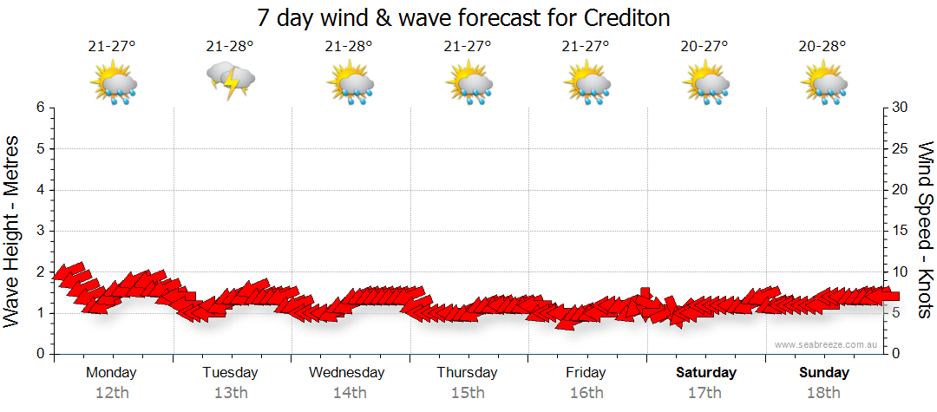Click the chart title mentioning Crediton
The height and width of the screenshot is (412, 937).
[464, 17]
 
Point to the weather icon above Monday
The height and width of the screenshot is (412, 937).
[113, 83]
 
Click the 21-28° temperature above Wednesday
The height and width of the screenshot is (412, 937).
[349, 46]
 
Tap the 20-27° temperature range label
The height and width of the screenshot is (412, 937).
[704, 46]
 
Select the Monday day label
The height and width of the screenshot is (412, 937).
[111, 373]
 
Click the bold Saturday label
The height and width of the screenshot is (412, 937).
[706, 373]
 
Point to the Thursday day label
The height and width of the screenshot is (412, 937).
[467, 373]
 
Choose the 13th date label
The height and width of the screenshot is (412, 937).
[230, 393]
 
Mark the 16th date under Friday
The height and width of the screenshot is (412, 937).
[586, 393]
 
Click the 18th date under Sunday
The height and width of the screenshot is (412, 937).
[823, 393]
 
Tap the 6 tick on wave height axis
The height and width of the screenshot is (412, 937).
[40, 108]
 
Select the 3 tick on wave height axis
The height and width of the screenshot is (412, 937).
[40, 231]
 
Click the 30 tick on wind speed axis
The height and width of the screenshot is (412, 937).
[901, 108]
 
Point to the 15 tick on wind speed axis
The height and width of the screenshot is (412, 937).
[901, 231]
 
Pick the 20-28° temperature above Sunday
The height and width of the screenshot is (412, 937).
[822, 46]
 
